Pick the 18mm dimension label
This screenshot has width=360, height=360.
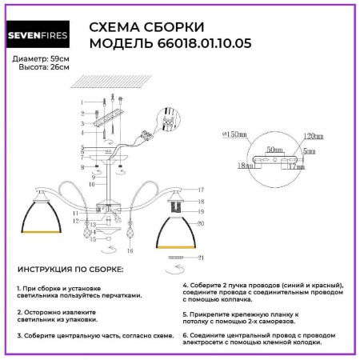tap(245, 166)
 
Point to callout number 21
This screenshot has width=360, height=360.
tap(202, 257)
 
